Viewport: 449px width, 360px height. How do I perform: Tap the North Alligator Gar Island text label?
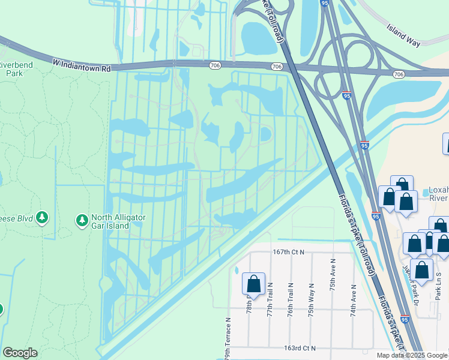(118, 222)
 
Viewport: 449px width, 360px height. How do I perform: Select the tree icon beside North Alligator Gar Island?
(82, 221)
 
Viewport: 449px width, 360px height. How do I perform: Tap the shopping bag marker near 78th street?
(253, 284)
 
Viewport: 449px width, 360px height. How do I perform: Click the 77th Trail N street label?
(270, 300)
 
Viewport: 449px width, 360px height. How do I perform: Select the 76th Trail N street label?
(291, 300)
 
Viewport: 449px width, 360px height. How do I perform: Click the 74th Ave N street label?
(354, 300)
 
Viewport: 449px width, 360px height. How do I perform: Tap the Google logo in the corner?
(20, 353)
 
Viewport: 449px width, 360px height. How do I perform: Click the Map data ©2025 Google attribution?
(412, 355)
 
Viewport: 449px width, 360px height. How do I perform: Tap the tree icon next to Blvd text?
(41, 217)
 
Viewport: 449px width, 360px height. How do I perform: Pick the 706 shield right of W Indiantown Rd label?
(214, 65)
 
